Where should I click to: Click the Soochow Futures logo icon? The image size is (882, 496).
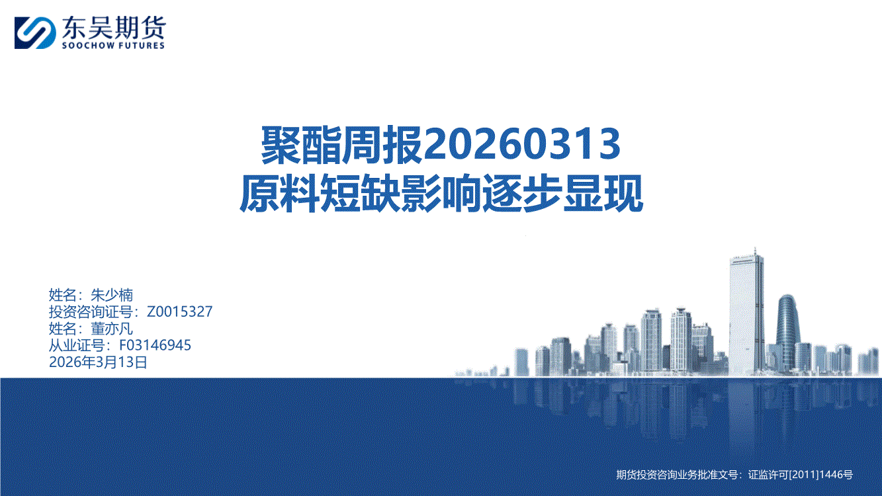(35, 32)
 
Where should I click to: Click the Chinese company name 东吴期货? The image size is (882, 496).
(114, 28)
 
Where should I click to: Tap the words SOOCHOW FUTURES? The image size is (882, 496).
(113, 46)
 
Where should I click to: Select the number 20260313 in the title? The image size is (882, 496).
(521, 144)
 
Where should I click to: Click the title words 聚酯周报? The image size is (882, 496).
(342, 144)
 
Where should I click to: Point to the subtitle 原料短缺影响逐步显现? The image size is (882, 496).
(441, 194)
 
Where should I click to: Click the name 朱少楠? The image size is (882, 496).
(112, 295)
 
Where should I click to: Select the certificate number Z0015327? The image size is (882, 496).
(179, 311)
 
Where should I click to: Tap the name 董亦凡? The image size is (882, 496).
(112, 329)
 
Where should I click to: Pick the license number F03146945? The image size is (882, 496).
(155, 345)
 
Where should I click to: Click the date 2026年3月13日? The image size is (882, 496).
(98, 362)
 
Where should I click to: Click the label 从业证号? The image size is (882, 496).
(77, 345)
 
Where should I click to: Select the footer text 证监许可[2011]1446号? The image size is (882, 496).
(800, 475)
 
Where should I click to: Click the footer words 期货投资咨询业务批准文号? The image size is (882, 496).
(677, 475)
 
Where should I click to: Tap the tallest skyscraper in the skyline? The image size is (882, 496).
(746, 315)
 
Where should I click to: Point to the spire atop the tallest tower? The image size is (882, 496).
(755, 251)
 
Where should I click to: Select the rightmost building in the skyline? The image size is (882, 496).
(873, 360)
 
